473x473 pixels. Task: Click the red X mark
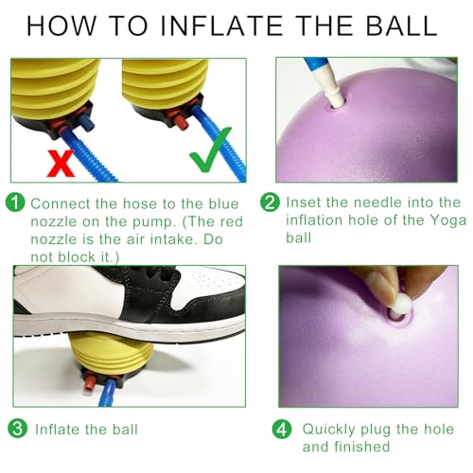tap(61, 163)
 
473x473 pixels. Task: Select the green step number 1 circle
tap(15, 202)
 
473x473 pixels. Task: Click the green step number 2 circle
tap(270, 202)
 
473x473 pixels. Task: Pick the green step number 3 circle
tap(17, 428)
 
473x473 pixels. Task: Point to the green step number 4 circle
tap(282, 429)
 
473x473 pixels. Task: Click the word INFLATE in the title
tap(221, 26)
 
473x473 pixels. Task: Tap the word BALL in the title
tap(401, 26)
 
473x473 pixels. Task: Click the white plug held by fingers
tap(401, 304)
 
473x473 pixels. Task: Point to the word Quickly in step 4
tap(329, 429)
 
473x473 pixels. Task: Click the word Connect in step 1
tap(61, 203)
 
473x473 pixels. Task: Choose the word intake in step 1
tap(173, 239)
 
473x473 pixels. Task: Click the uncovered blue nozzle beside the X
tap(86, 122)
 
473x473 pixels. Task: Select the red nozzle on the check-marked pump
tap(181, 121)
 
